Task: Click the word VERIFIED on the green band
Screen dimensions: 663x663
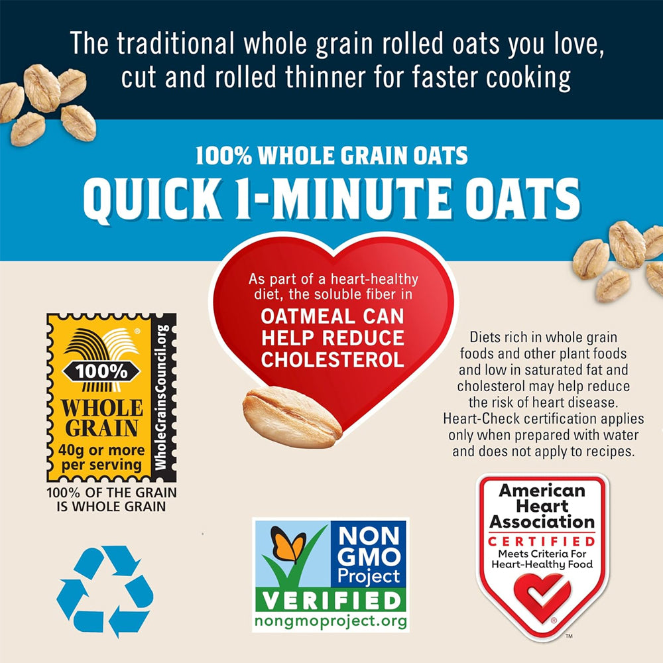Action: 331,601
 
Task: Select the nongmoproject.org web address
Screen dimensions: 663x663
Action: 331,621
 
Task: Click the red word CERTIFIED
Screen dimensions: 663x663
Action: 542,541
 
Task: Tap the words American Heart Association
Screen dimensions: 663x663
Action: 542,506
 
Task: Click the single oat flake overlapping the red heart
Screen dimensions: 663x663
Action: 292,418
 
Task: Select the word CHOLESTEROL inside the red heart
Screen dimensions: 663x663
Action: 333,360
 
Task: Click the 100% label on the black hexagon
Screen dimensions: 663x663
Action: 101,372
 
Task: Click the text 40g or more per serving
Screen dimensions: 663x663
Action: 101,457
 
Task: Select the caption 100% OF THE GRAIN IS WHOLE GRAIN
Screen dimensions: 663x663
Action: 111,499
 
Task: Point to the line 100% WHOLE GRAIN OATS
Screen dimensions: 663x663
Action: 331,155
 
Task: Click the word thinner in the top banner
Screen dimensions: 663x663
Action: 325,78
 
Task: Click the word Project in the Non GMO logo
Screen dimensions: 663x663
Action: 369,576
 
